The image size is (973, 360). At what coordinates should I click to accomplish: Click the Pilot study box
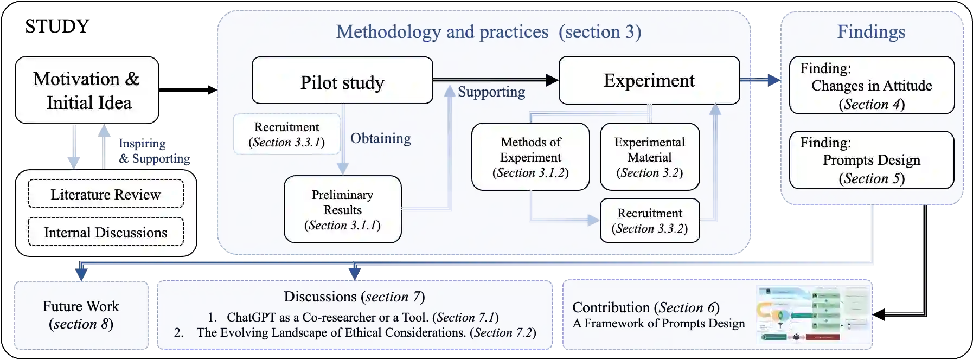pos(342,81)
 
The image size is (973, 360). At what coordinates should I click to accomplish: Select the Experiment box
pos(649,80)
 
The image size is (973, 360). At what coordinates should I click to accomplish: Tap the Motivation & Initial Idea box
pos(87,91)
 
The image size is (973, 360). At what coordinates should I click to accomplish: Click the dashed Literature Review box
pos(106,194)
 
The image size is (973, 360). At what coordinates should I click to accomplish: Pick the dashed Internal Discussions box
pos(106,232)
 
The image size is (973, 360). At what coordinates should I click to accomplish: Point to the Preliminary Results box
pos(342,209)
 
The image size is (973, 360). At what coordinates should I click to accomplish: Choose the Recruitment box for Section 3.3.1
pos(286,134)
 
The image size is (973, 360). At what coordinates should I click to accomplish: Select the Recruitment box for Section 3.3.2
pos(649,221)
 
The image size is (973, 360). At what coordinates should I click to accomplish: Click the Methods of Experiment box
pos(530,157)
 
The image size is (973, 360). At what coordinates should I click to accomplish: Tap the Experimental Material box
pos(649,157)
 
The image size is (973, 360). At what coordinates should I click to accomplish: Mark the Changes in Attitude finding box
pos(871,86)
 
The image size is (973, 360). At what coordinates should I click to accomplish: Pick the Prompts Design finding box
pos(871,160)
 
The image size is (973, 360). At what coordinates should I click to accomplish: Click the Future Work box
pos(81,315)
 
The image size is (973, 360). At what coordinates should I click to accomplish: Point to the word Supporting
pos(491,92)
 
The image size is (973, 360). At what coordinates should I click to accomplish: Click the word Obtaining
pos(380,138)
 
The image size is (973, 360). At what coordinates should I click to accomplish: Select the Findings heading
pos(871,31)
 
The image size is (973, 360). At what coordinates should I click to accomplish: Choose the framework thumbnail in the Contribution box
pos(812,315)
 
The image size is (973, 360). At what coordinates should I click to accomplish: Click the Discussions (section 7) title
pos(354,297)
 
